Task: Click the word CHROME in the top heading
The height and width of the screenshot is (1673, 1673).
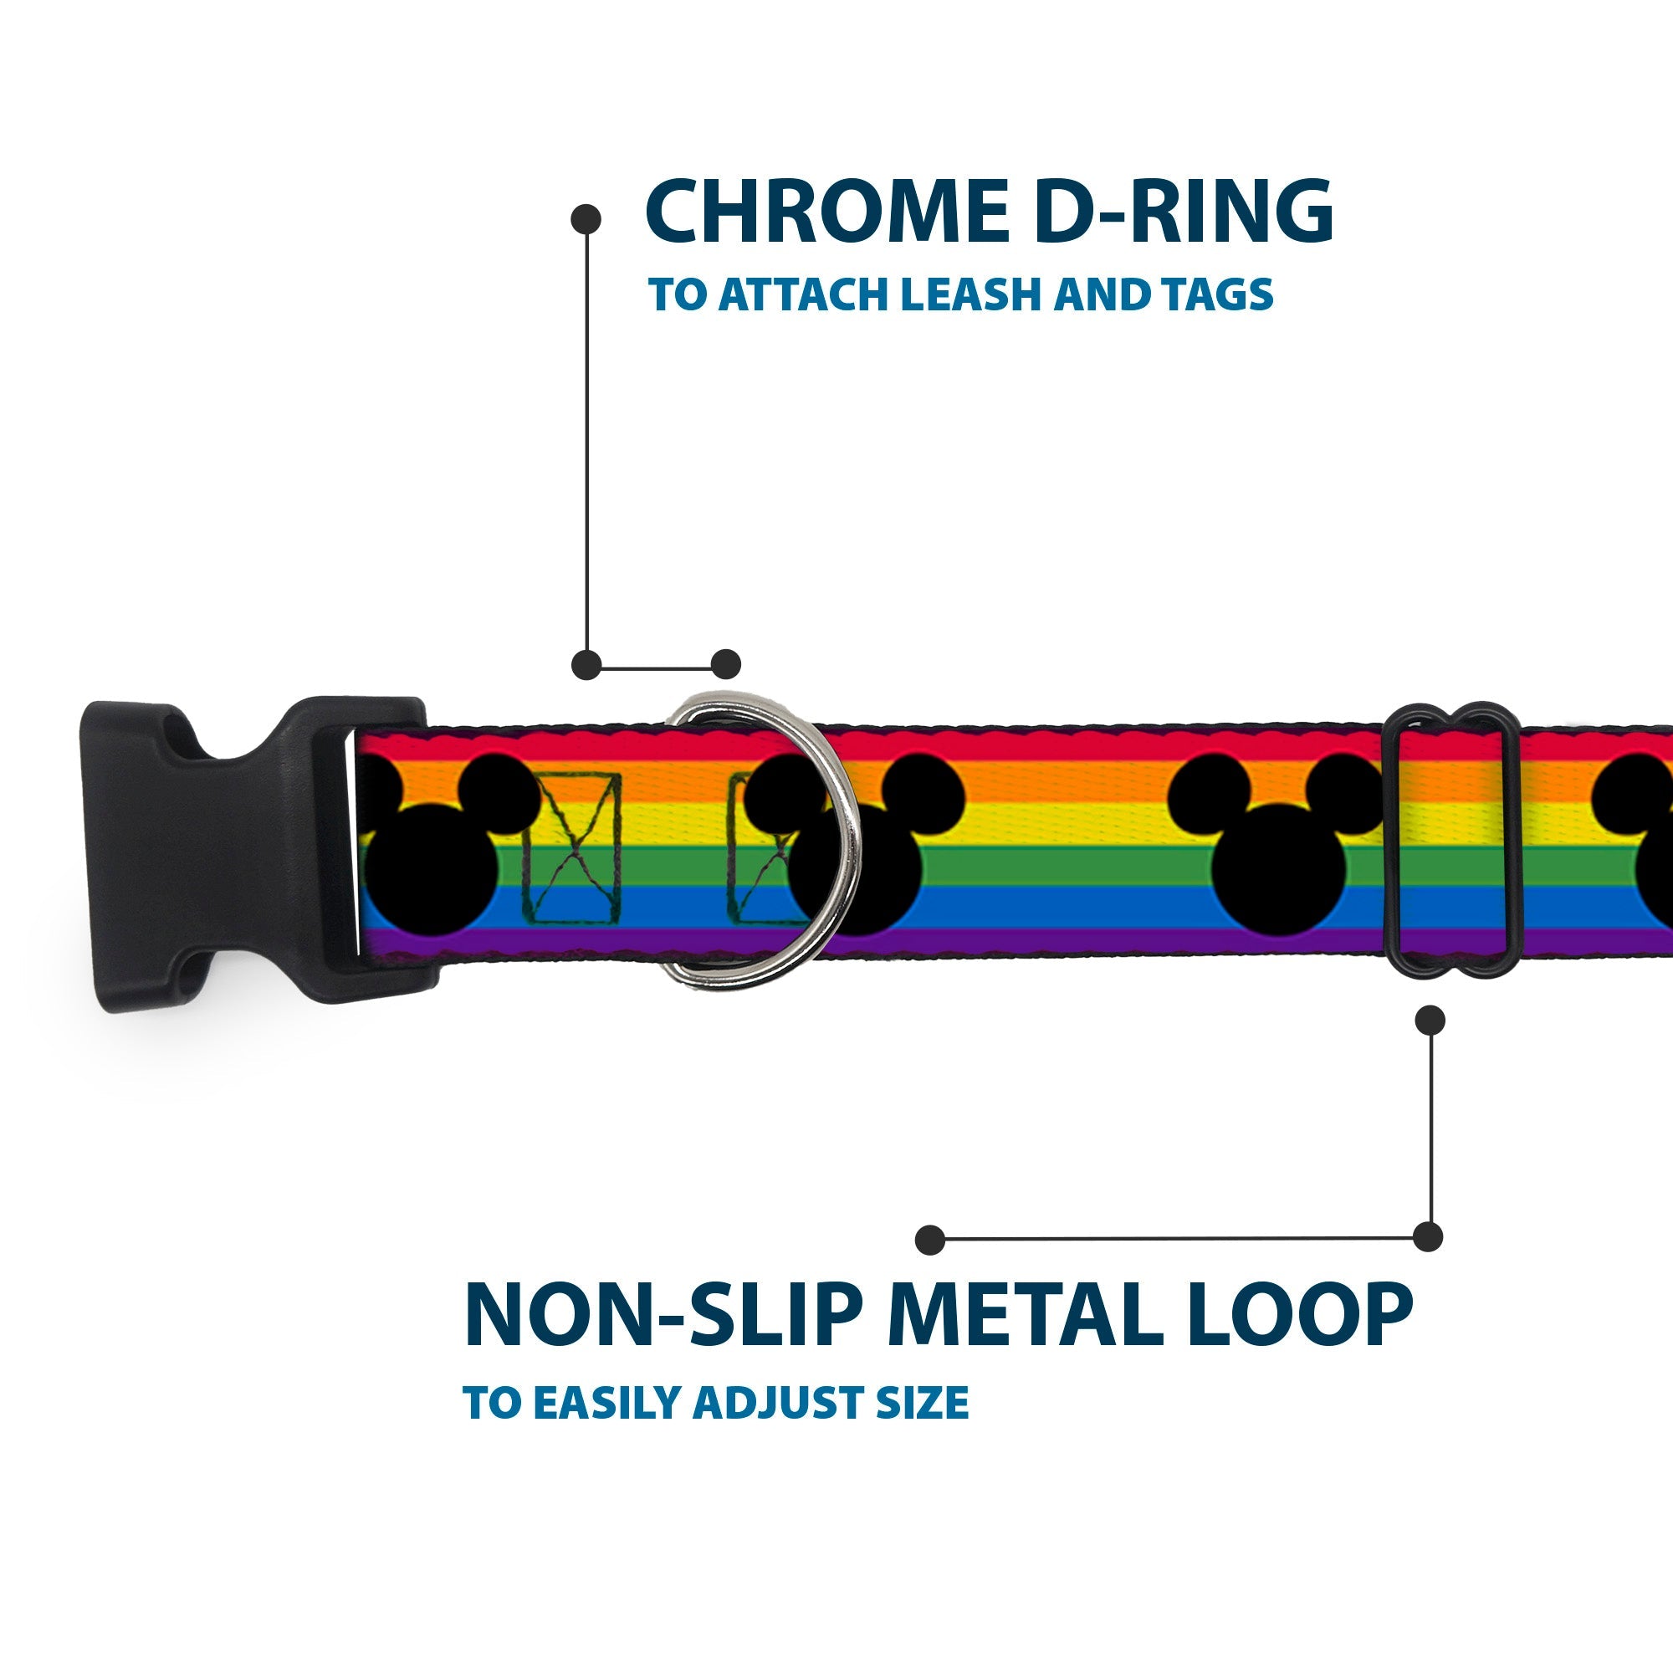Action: (826, 212)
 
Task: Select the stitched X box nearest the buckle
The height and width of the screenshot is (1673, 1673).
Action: (571, 846)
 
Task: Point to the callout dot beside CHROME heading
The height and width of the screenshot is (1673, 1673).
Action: (586, 219)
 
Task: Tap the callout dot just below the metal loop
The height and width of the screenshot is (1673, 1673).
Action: (1430, 1020)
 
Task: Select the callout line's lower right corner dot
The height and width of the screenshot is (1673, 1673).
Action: (1428, 1236)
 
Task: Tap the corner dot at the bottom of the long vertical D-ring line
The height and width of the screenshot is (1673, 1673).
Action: (587, 665)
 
